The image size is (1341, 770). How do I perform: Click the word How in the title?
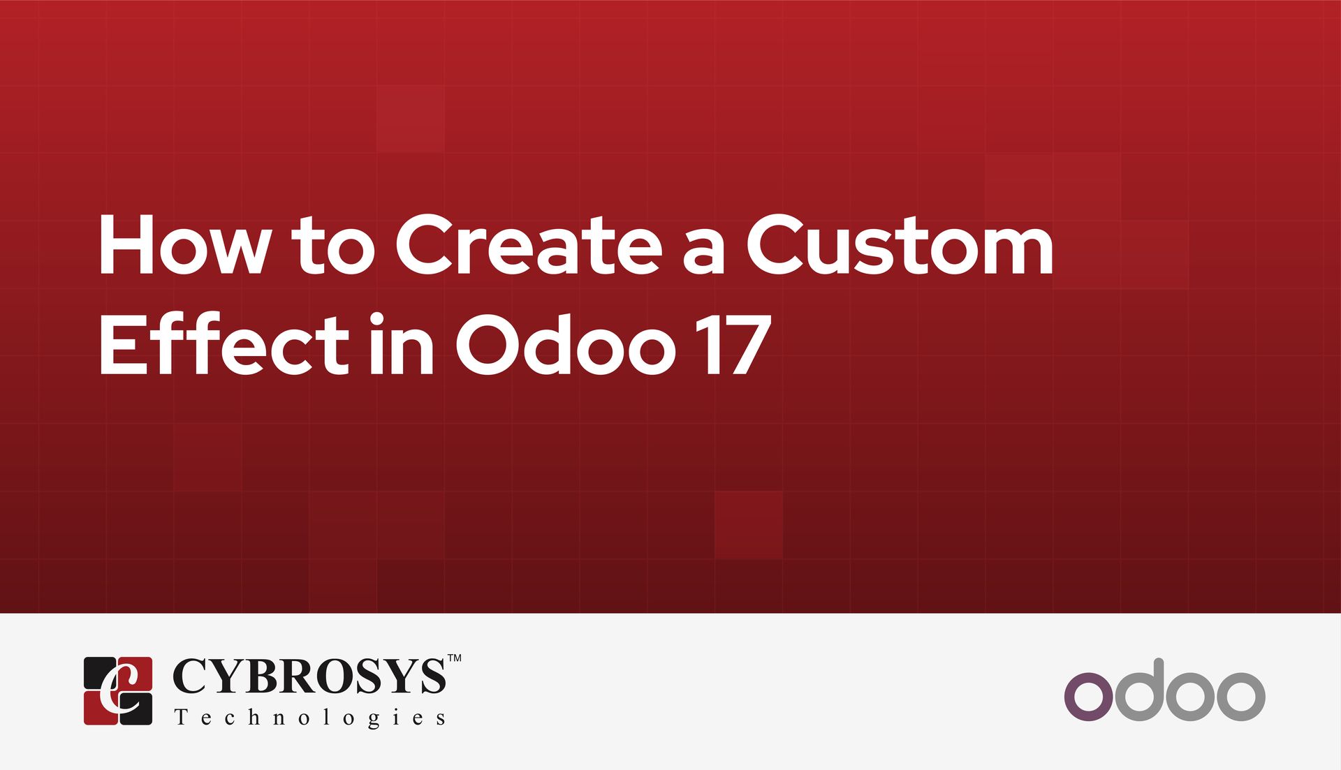[183, 246]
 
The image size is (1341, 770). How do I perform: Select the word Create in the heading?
[528, 246]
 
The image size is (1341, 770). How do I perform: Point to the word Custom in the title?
[900, 246]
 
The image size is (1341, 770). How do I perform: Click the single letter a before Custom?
[703, 253]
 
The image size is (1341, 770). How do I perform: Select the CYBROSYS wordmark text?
[309, 676]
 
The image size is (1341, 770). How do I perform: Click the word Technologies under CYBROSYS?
[310, 718]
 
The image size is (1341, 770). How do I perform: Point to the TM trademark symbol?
[454, 658]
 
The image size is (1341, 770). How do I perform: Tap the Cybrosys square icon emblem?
[118, 690]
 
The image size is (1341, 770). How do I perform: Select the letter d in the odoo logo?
[1145, 691]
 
